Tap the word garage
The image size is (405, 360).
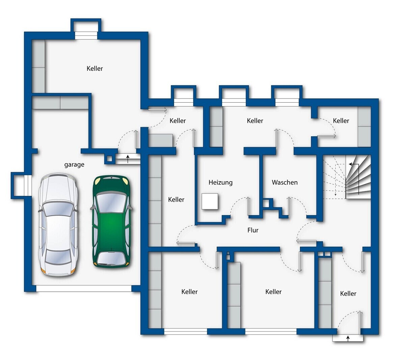74,165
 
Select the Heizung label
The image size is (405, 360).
220,183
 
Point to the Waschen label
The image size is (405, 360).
285,182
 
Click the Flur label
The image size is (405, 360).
253,230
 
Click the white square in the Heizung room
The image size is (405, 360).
210,201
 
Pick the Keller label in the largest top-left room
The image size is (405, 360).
94,68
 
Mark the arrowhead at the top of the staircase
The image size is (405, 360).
350,164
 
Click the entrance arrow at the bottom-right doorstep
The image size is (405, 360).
348,338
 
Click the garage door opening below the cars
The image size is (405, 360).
84,288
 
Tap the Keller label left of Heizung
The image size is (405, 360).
176,199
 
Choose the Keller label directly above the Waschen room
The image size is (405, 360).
255,121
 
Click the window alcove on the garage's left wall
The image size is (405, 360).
21,186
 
